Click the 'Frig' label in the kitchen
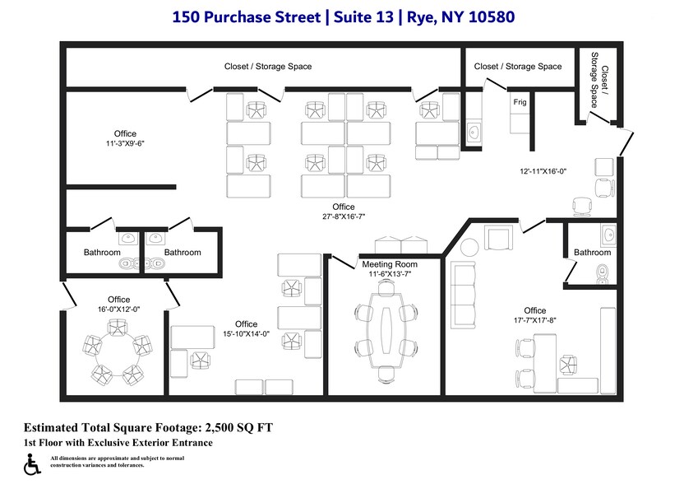click(x=520, y=102)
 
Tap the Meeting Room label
click(x=390, y=264)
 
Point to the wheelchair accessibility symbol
click(x=33, y=465)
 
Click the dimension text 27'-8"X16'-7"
click(x=343, y=216)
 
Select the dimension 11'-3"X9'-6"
click(x=125, y=143)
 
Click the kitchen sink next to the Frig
click(x=474, y=132)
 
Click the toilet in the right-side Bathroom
click(x=603, y=272)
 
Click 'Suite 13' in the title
click(x=359, y=16)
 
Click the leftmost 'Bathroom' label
click(x=102, y=253)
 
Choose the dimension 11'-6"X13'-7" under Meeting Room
click(x=390, y=273)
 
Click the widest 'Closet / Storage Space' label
click(x=268, y=67)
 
